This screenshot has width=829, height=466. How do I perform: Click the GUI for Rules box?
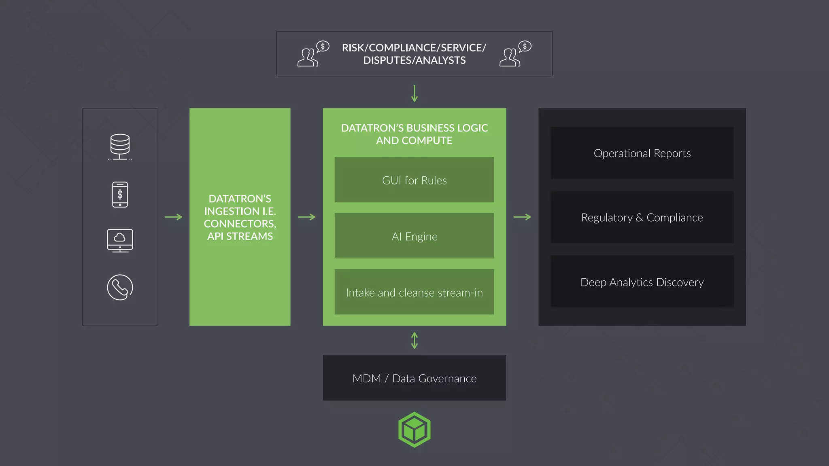point(414,180)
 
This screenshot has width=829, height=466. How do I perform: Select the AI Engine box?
point(414,236)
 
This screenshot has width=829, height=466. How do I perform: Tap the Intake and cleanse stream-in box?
point(414,292)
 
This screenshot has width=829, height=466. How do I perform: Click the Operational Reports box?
point(642,153)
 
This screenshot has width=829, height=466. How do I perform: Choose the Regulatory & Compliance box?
point(642,218)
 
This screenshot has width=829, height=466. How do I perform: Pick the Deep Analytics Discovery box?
point(642,282)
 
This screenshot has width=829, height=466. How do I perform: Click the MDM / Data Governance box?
point(414,378)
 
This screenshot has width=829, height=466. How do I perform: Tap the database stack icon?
point(120,146)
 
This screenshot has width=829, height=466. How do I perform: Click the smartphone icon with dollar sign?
point(120,195)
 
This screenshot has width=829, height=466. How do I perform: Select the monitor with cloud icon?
point(120,241)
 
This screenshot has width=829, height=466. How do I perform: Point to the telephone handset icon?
point(120,288)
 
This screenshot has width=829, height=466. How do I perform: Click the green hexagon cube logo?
point(414,430)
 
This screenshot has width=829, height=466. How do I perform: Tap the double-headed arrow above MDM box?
point(414,341)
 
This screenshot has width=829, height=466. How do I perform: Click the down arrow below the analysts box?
point(414,93)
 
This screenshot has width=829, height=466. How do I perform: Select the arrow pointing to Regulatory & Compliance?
point(522,217)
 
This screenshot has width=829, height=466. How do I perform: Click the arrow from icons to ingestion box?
point(173,217)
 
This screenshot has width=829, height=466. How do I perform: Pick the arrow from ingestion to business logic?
point(306,217)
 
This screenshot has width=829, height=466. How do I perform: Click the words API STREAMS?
point(240,236)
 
